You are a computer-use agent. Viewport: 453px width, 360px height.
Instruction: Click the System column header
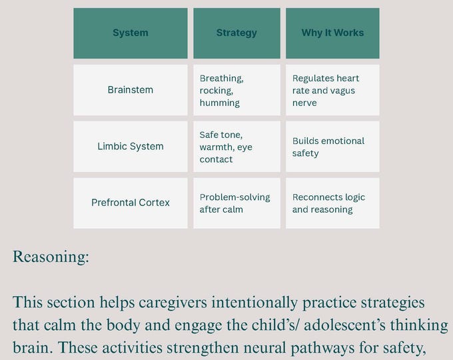(131, 33)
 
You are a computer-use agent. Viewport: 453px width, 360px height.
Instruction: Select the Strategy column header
(236, 33)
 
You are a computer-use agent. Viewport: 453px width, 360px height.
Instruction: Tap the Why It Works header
(332, 33)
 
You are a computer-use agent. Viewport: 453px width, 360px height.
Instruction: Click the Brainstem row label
(131, 90)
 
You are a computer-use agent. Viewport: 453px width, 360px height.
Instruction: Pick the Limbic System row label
(131, 147)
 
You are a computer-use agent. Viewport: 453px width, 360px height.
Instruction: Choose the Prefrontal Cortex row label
(131, 203)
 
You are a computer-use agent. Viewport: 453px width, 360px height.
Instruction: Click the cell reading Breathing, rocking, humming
(236, 90)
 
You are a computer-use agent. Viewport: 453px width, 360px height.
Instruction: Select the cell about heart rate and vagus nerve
(332, 90)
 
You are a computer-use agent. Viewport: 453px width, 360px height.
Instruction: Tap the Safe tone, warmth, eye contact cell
(236, 147)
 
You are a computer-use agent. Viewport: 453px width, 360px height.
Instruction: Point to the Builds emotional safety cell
(332, 147)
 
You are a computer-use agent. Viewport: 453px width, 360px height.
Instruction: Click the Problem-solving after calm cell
(236, 203)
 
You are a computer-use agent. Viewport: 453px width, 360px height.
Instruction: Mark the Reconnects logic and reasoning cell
(332, 203)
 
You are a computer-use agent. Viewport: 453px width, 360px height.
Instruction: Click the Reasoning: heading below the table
(51, 257)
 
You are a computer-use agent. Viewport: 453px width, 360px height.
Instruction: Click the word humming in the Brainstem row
(219, 103)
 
